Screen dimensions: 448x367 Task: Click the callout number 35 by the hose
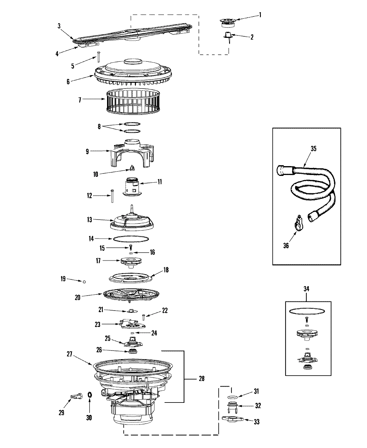click(x=313, y=149)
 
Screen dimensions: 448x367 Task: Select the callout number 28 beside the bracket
click(x=201, y=379)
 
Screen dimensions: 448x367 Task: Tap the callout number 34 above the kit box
click(x=306, y=289)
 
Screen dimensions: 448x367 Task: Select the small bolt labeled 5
click(x=99, y=57)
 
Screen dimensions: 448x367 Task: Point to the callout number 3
click(x=59, y=26)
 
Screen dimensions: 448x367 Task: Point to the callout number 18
click(x=166, y=270)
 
